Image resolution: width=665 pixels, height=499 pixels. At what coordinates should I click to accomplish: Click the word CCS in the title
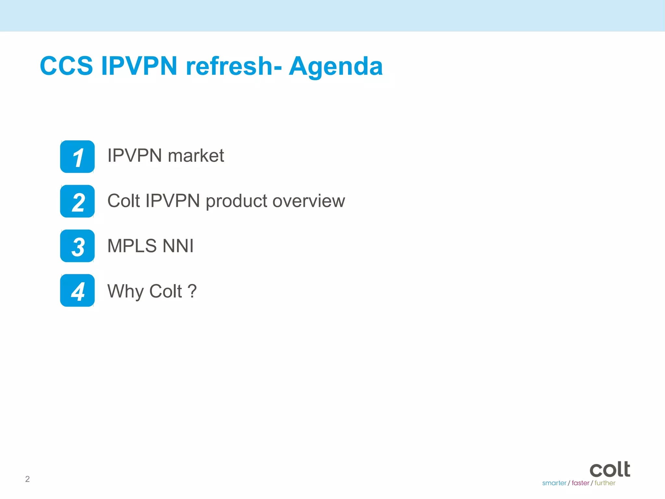tap(66, 66)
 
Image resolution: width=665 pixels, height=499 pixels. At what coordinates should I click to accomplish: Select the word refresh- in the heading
tap(233, 66)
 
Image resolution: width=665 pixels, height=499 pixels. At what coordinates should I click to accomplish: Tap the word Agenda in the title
tap(336, 66)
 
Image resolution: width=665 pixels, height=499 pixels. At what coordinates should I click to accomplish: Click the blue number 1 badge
tap(77, 157)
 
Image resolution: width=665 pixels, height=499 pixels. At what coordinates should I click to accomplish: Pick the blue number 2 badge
tap(77, 201)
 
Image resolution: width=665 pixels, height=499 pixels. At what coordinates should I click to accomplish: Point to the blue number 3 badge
tap(77, 246)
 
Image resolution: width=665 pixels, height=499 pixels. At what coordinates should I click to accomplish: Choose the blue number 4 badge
tap(77, 290)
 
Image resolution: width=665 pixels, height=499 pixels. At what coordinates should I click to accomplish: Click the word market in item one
tap(196, 156)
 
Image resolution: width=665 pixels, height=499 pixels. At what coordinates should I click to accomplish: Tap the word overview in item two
tap(309, 201)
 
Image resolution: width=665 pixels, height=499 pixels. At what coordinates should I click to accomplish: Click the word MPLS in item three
tap(132, 246)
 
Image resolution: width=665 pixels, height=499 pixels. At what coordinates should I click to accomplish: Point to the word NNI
tap(178, 246)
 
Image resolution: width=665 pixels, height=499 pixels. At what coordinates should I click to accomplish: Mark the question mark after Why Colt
tap(192, 291)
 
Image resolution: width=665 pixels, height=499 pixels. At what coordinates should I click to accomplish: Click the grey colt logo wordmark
tap(610, 469)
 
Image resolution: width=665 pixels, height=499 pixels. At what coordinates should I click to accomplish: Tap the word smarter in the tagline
tap(554, 483)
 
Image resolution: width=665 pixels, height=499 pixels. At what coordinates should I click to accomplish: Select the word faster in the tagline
tap(580, 483)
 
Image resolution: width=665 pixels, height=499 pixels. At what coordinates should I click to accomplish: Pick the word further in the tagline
tap(605, 483)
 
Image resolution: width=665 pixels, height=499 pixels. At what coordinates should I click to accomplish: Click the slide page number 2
tap(28, 479)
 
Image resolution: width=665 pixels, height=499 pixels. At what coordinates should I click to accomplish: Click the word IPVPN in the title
tap(139, 66)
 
